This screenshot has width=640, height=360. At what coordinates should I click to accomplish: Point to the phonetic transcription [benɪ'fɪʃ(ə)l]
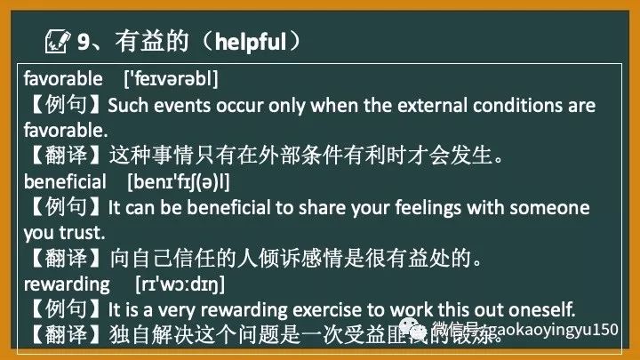pos(179,182)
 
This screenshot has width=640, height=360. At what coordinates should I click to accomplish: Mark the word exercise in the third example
pos(317,310)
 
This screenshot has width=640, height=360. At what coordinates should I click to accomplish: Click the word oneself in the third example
pos(542,310)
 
